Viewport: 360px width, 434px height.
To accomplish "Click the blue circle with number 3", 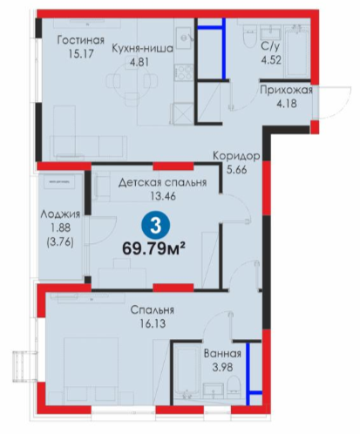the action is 156,225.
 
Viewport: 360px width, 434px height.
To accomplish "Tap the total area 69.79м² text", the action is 154,248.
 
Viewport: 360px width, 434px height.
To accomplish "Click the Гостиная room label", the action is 80,40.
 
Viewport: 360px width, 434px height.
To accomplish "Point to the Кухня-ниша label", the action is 142,48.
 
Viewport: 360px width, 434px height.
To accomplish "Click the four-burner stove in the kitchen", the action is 184,72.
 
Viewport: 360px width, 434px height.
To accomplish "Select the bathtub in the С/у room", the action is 296,51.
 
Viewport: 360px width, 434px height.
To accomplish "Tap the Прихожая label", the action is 286,90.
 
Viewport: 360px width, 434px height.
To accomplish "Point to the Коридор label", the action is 236,156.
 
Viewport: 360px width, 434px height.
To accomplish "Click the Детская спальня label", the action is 162,182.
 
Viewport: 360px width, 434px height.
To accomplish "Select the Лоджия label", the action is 60,214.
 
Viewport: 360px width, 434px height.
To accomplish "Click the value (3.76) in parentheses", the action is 60,241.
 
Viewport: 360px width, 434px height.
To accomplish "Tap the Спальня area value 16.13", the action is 153,323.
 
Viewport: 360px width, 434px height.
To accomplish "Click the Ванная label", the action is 222,354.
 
